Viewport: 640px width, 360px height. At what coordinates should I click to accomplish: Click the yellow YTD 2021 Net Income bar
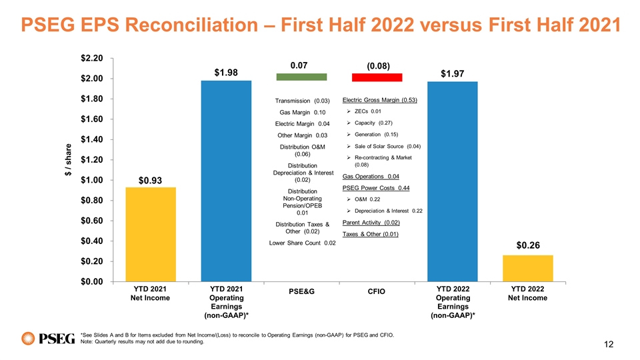pyautogui.click(x=152, y=234)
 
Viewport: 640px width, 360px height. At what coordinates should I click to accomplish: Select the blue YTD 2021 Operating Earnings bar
pyautogui.click(x=226, y=180)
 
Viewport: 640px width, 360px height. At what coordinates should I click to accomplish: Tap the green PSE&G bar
pyautogui.click(x=301, y=77)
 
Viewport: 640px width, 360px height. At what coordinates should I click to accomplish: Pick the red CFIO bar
pyautogui.click(x=377, y=77)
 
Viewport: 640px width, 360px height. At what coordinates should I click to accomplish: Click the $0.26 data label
pyautogui.click(x=528, y=245)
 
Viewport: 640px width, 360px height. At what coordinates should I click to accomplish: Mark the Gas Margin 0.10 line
pyautogui.click(x=302, y=112)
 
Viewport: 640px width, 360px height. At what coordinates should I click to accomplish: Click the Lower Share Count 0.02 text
pyautogui.click(x=302, y=243)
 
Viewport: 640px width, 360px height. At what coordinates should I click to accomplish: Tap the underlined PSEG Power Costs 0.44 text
pyautogui.click(x=375, y=188)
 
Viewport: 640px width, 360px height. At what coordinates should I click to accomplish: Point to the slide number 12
pyautogui.click(x=607, y=344)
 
